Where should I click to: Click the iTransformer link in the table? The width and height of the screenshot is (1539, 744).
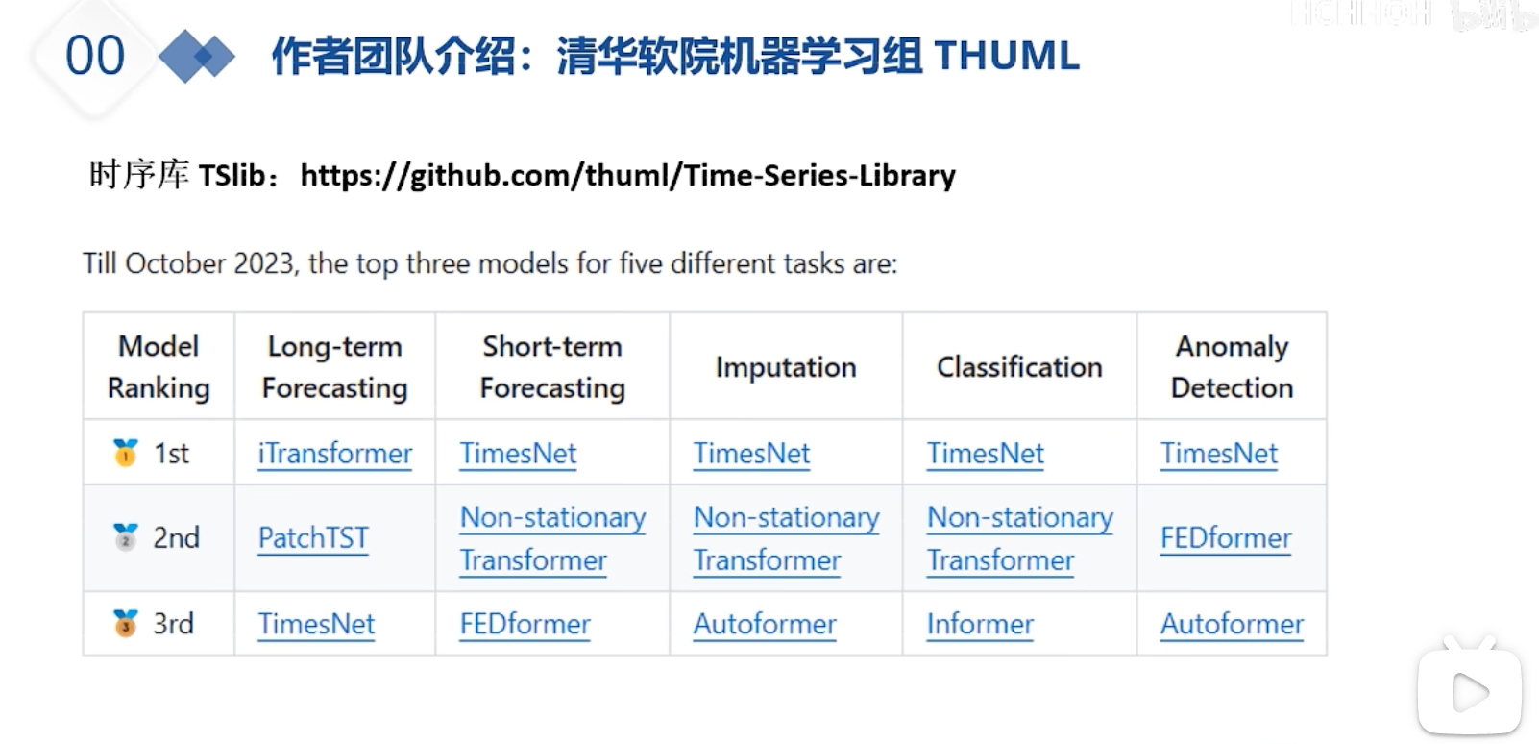pyautogui.click(x=335, y=454)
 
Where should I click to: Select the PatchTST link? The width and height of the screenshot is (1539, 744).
pyautogui.click(x=313, y=537)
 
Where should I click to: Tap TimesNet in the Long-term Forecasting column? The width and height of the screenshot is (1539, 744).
pyautogui.click(x=316, y=625)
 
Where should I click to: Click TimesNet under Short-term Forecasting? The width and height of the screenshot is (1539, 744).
pyautogui.click(x=518, y=454)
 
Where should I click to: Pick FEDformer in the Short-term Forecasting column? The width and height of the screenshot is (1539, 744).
pyautogui.click(x=525, y=625)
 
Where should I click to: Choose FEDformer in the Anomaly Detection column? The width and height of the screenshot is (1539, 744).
pyautogui.click(x=1226, y=537)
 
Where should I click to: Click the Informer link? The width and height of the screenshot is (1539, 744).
pyautogui.click(x=980, y=625)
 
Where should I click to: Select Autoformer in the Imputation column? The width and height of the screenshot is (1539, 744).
pyautogui.click(x=765, y=625)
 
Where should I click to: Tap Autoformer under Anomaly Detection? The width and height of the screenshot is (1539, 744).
pyautogui.click(x=1232, y=625)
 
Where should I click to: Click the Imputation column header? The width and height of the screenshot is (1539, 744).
pyautogui.click(x=786, y=367)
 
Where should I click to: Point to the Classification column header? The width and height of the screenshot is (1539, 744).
pyautogui.click(x=1019, y=367)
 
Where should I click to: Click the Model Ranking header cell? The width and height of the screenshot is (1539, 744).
pyautogui.click(x=159, y=366)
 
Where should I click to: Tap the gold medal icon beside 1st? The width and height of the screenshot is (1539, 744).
pyautogui.click(x=126, y=453)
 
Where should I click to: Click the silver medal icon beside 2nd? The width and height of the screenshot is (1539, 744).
pyautogui.click(x=126, y=537)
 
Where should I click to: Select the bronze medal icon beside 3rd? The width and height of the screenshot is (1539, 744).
pyautogui.click(x=126, y=624)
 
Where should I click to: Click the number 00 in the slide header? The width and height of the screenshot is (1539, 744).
pyautogui.click(x=95, y=56)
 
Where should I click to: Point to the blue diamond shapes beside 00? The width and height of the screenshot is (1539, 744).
pyautogui.click(x=197, y=57)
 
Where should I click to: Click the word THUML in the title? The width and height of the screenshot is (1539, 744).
pyautogui.click(x=1007, y=56)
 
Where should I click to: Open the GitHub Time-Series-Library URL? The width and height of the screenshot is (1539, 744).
pyautogui.click(x=628, y=176)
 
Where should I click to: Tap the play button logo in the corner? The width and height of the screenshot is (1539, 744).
pyautogui.click(x=1470, y=689)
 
